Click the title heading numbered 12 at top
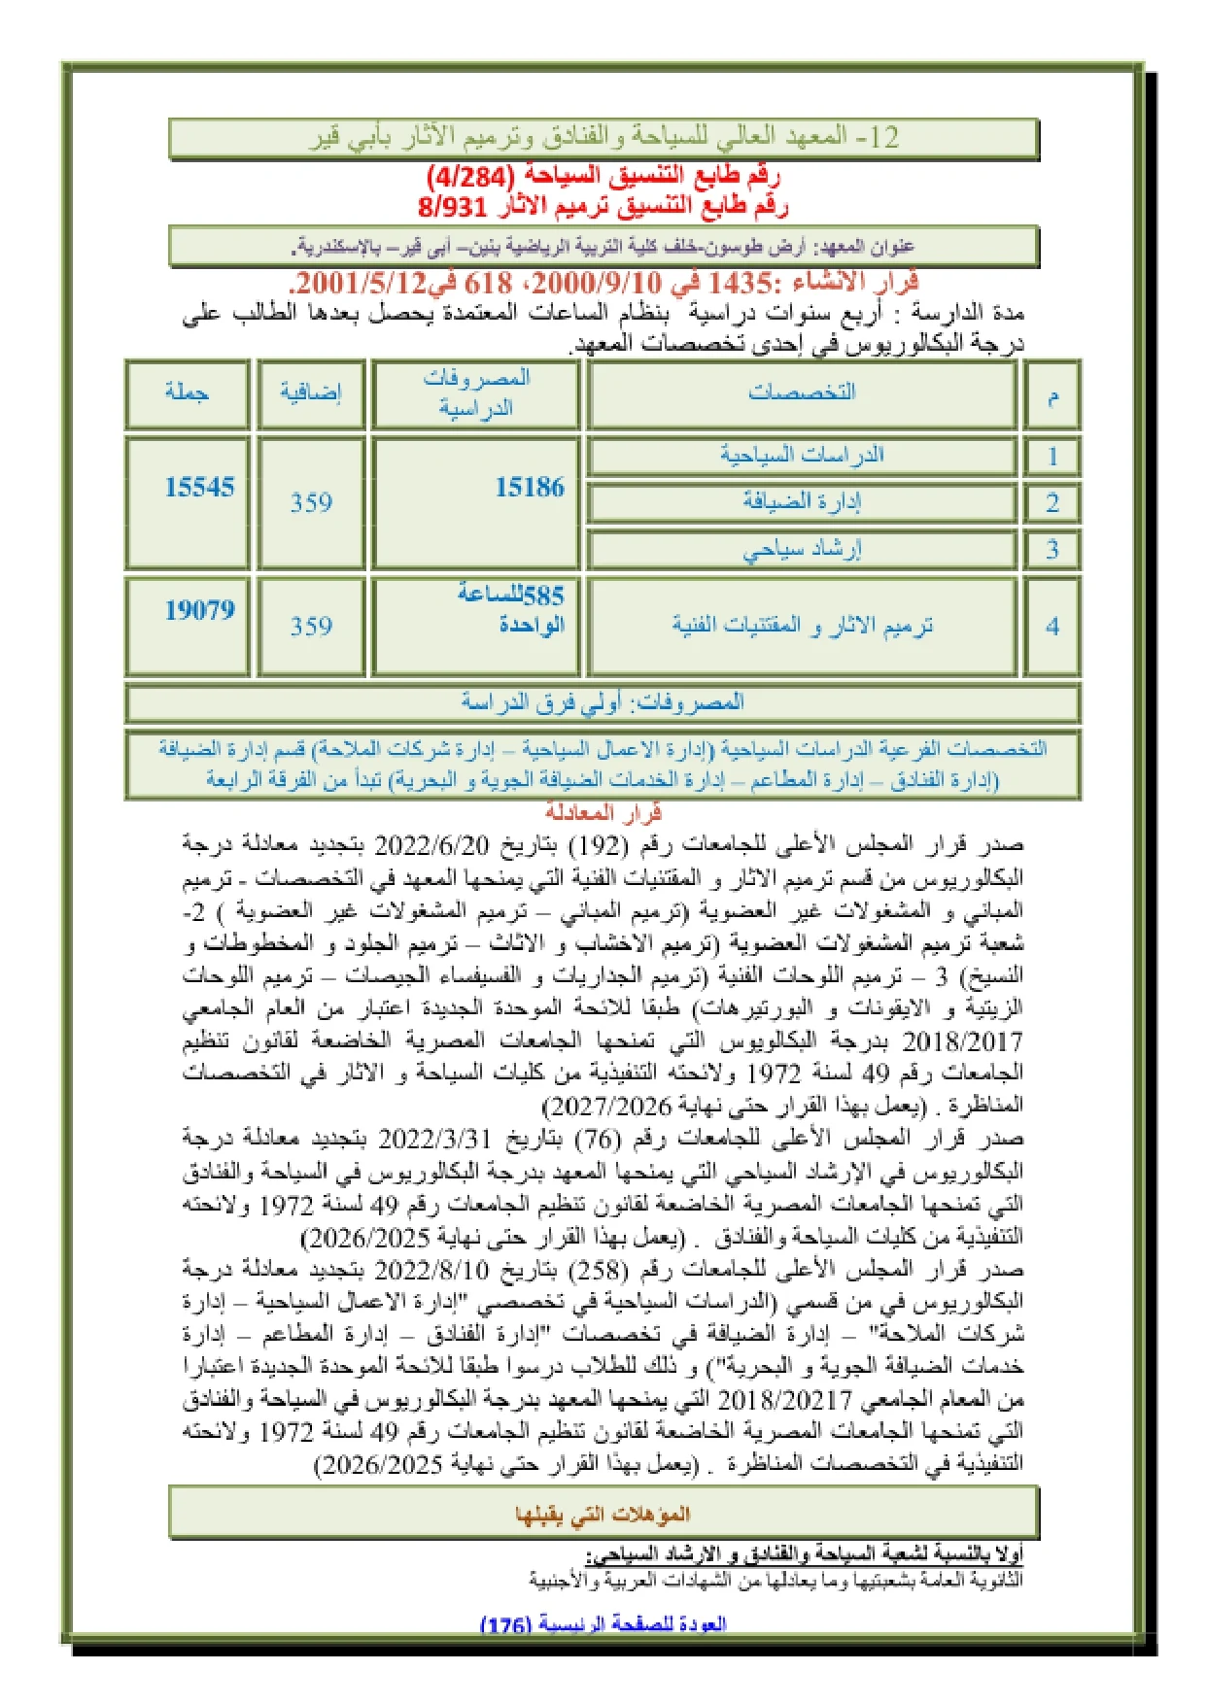pyautogui.click(x=603, y=137)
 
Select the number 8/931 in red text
pyautogui.click(x=442, y=206)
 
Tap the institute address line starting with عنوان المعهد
pyautogui.click(x=603, y=247)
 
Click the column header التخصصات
pyautogui.click(x=802, y=392)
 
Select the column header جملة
pyautogui.click(x=187, y=392)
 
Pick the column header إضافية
pyautogui.click(x=311, y=392)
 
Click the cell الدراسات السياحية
pyautogui.click(x=802, y=455)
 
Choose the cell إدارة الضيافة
pyautogui.click(x=802, y=501)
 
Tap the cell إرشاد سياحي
pyautogui.click(x=802, y=549)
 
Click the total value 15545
pyautogui.click(x=199, y=488)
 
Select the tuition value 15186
pyautogui.click(x=530, y=488)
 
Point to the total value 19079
pyautogui.click(x=199, y=610)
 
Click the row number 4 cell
pyautogui.click(x=1052, y=627)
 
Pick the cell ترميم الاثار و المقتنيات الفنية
pyautogui.click(x=802, y=626)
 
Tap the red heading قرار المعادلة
pyautogui.click(x=603, y=812)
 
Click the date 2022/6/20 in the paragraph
pyautogui.click(x=431, y=844)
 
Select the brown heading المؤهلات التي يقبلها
pyautogui.click(x=603, y=1514)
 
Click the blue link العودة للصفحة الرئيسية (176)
pyautogui.click(x=603, y=1624)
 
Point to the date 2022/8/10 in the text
pyautogui.click(x=431, y=1270)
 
